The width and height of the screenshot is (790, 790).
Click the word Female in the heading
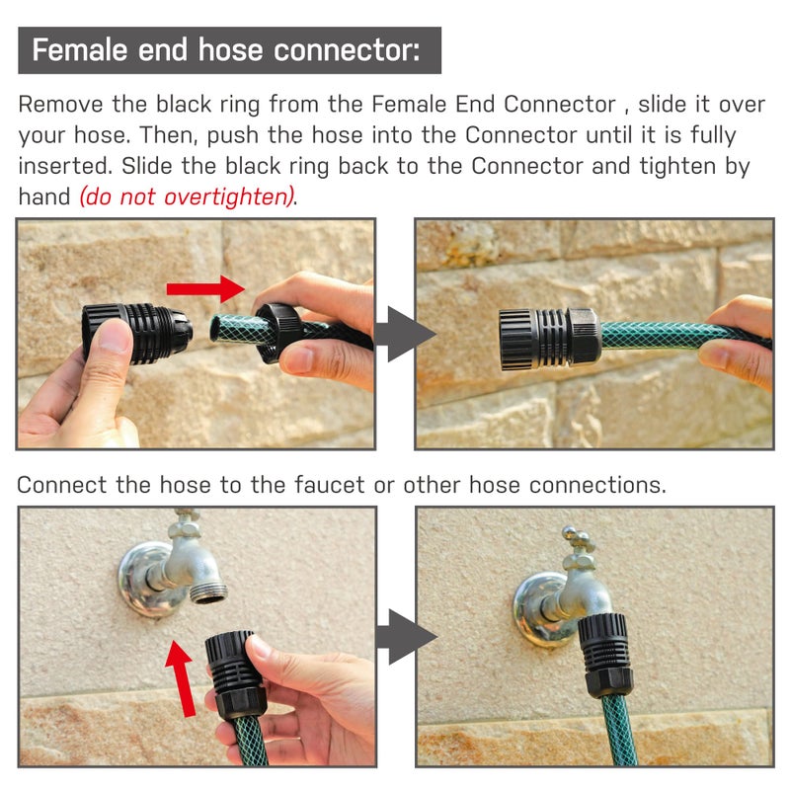click(x=80, y=50)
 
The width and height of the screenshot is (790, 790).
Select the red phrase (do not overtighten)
click(x=187, y=197)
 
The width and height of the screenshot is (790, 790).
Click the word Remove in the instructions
click(x=60, y=105)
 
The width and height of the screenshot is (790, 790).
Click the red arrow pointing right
click(x=205, y=288)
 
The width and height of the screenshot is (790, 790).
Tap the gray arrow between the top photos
click(x=406, y=334)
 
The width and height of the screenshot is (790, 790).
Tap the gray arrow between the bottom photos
click(x=406, y=637)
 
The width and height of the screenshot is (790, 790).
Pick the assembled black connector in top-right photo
click(x=550, y=339)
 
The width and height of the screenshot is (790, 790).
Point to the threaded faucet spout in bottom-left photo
click(x=208, y=592)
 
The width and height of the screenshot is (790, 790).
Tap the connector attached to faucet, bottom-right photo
click(x=603, y=655)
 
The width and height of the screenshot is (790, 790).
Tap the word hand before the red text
click(x=43, y=197)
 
